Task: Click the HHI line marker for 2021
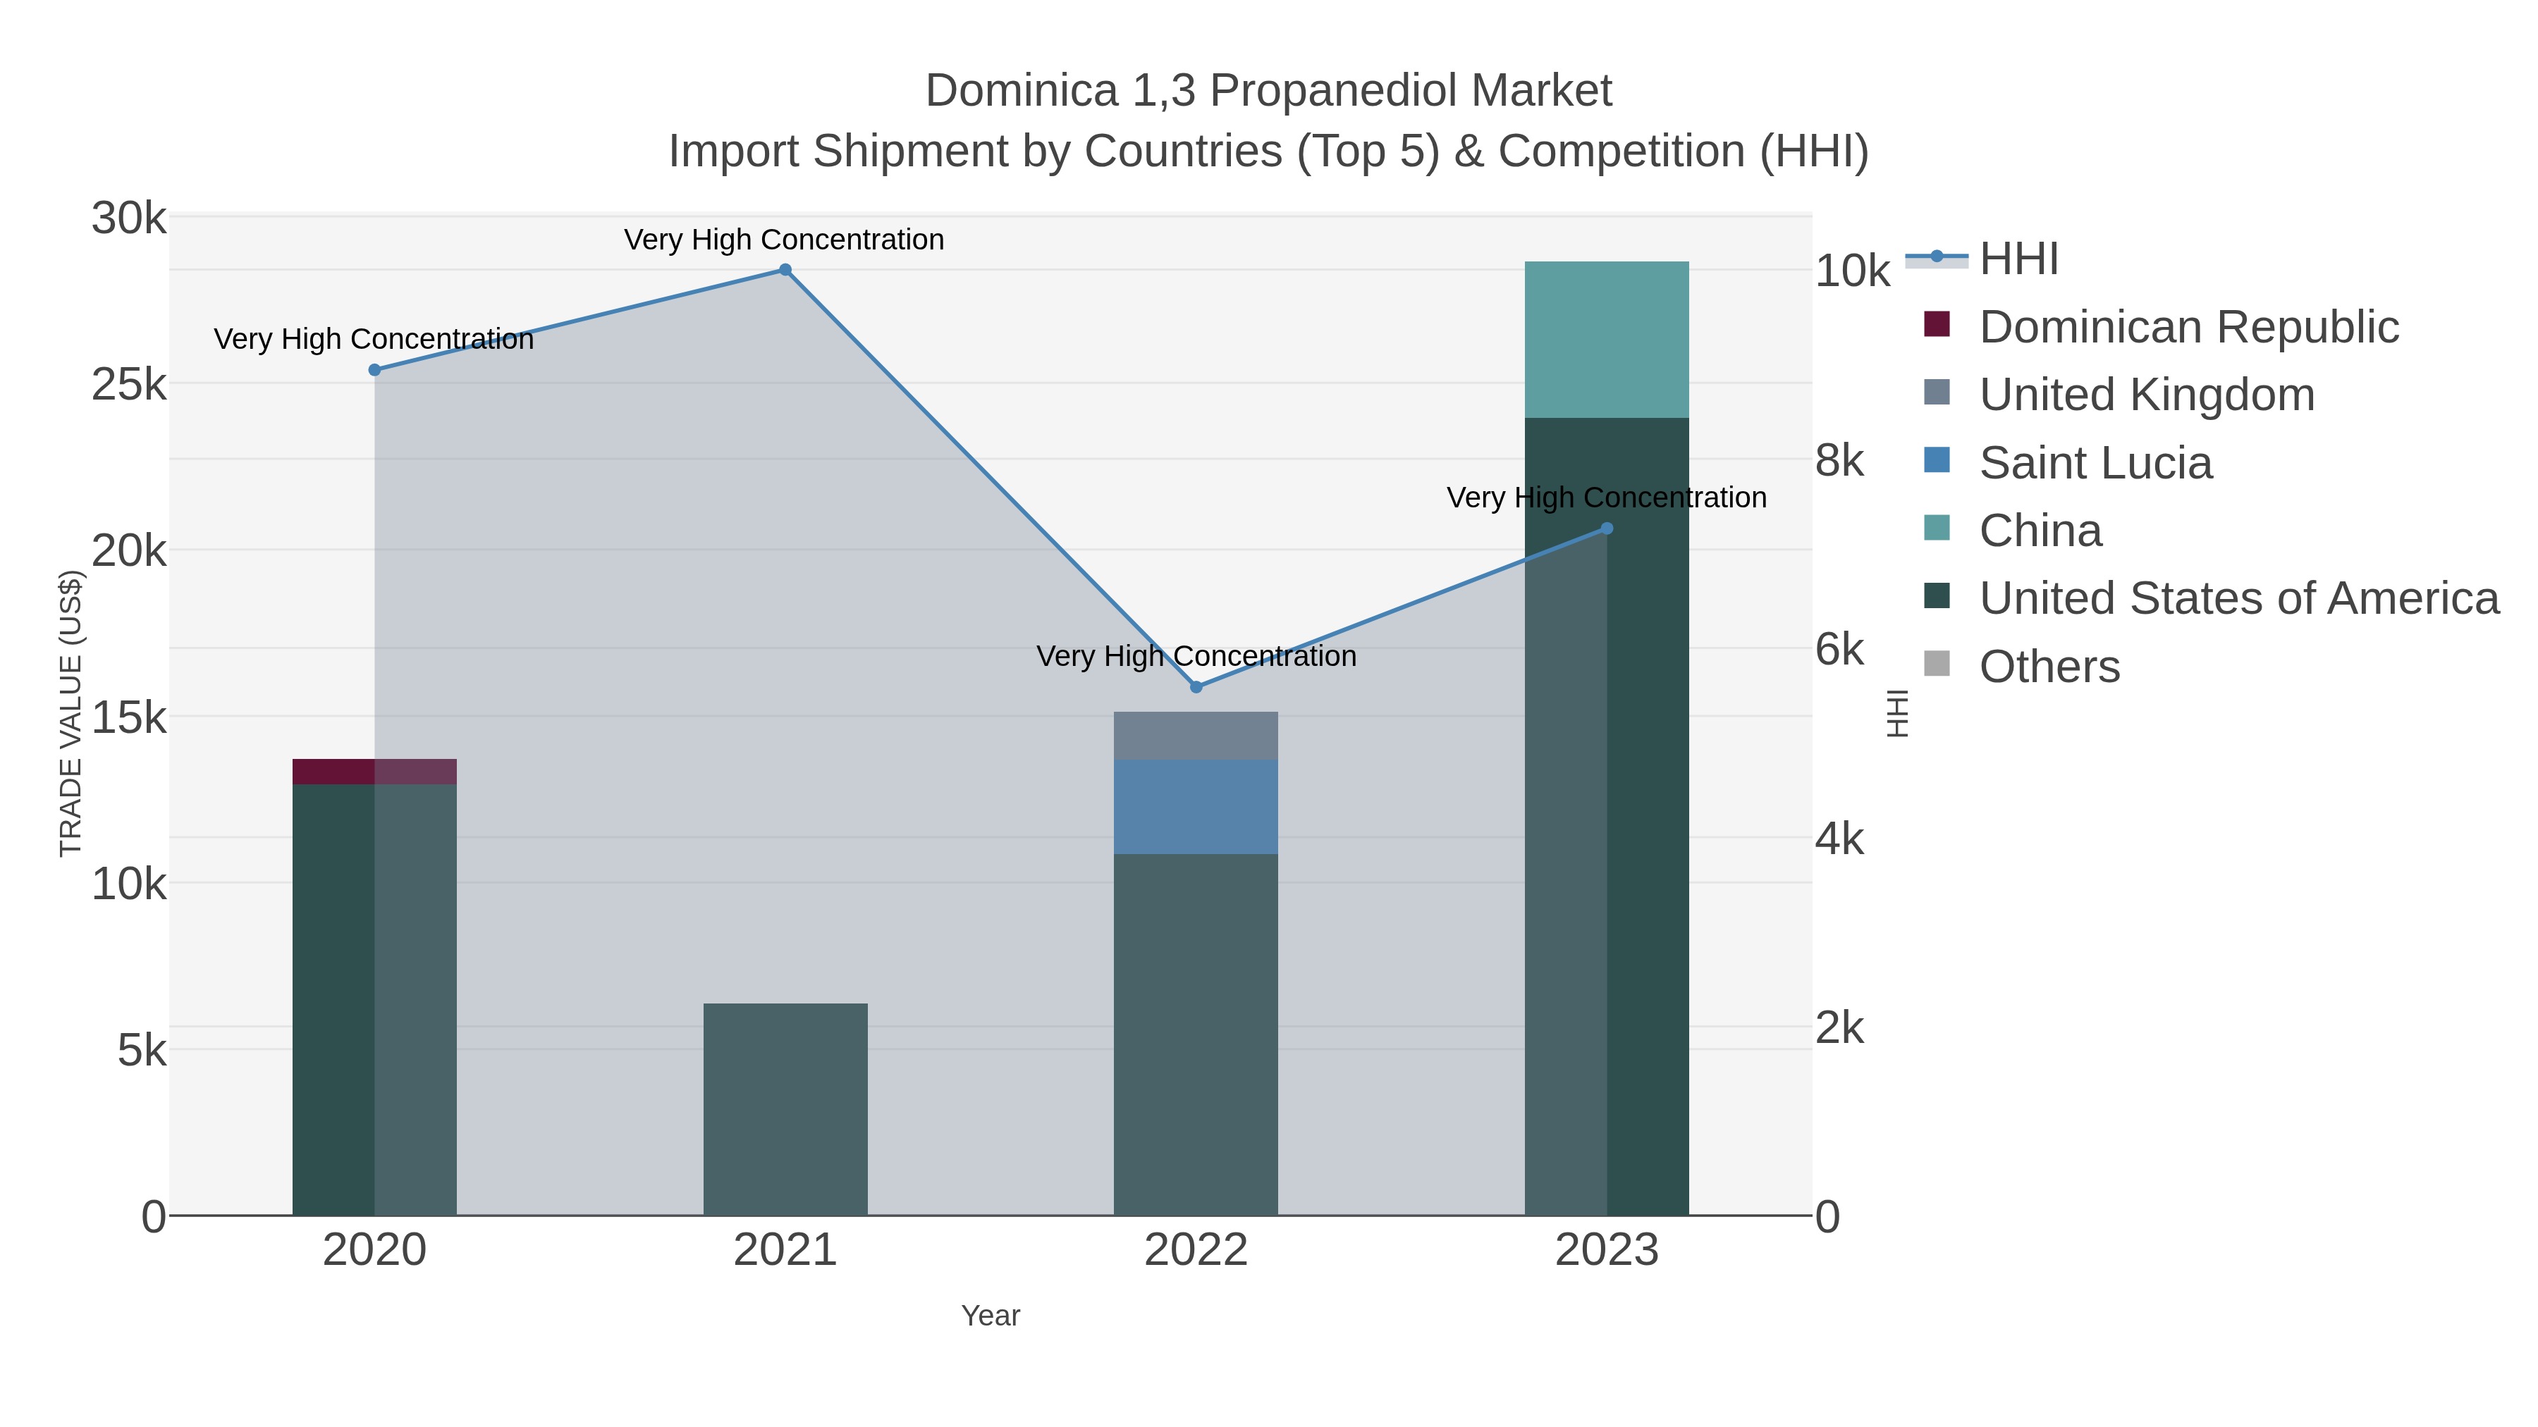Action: (785, 270)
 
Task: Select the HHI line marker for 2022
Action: (1196, 687)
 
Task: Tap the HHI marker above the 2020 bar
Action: (374, 370)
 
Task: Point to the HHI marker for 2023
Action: (1607, 529)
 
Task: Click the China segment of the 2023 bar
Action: (1607, 340)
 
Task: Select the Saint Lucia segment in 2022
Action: (1196, 807)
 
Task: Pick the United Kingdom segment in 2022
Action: (1196, 736)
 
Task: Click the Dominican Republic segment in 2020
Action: (374, 772)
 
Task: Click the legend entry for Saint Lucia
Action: (2096, 463)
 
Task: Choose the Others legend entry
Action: (2049, 667)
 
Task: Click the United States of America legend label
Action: (2238, 599)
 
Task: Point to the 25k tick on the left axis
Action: (129, 385)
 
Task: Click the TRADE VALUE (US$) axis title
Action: (71, 713)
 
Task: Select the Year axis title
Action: (991, 1316)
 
